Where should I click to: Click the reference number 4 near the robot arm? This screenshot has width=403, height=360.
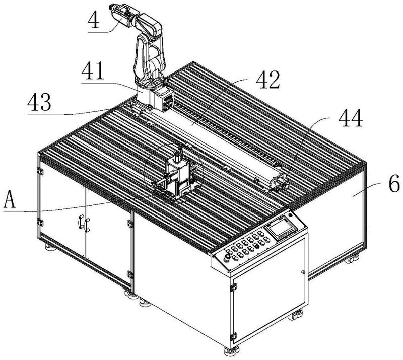pyautogui.click(x=93, y=20)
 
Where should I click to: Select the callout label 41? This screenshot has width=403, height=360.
pyautogui.click(x=93, y=70)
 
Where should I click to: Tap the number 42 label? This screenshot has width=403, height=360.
pyautogui.click(x=268, y=80)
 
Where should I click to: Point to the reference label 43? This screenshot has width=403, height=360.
pyautogui.click(x=39, y=102)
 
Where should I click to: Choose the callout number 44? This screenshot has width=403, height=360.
pyautogui.click(x=351, y=118)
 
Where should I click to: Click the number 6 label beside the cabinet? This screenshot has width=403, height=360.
pyautogui.click(x=394, y=183)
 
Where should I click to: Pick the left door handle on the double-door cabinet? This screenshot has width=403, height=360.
pyautogui.click(x=80, y=222)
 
